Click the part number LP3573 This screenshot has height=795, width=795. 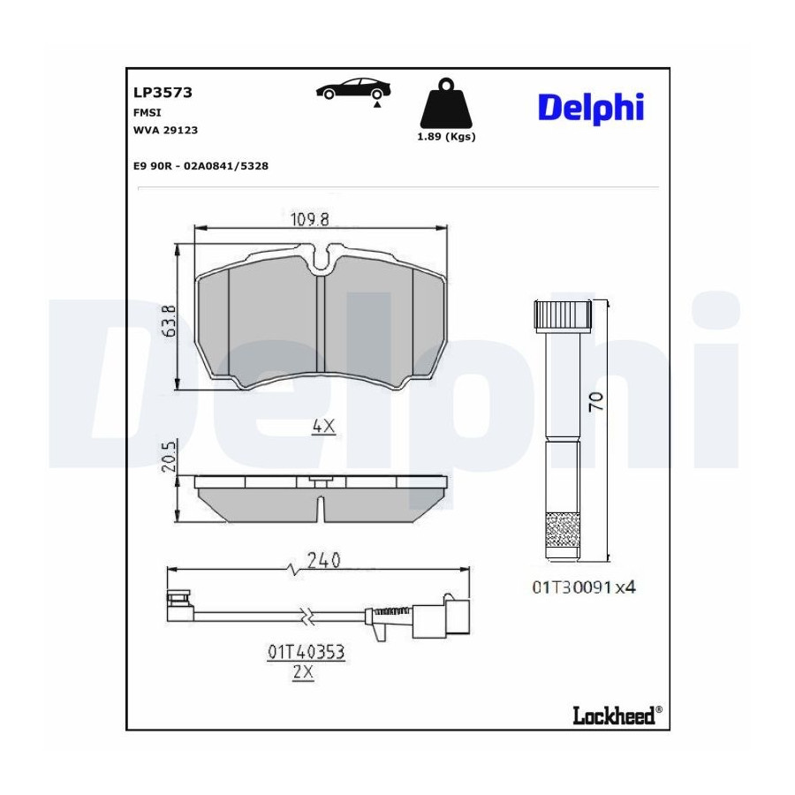tap(163, 92)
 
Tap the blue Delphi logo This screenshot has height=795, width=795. tap(591, 108)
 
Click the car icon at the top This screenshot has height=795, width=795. tap(352, 90)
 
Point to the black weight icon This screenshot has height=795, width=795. tap(446, 103)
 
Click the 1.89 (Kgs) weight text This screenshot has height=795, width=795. tap(446, 136)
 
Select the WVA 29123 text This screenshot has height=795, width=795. tap(165, 130)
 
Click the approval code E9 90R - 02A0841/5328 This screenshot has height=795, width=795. tap(201, 166)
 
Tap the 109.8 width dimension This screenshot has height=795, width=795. tap(310, 219)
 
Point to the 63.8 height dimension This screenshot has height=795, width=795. tap(170, 321)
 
